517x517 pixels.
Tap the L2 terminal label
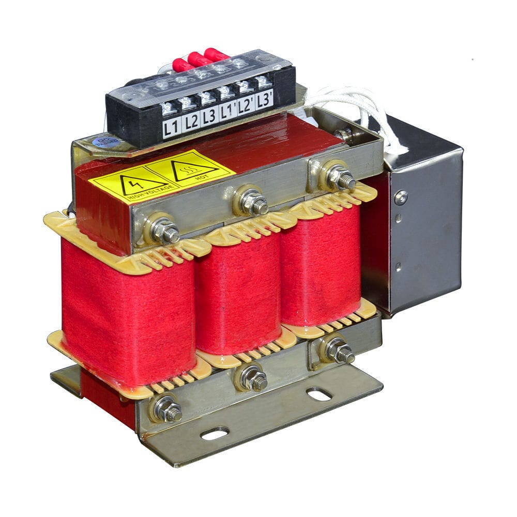click(191, 122)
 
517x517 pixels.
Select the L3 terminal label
click(209, 116)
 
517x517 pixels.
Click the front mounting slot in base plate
click(215, 433)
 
